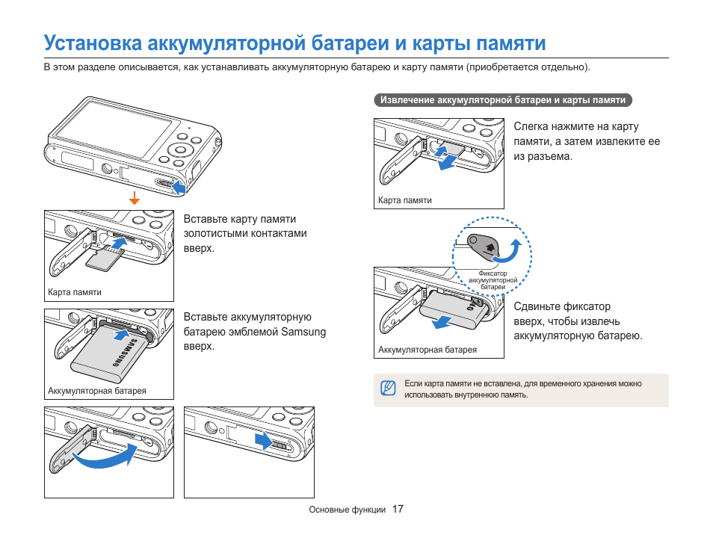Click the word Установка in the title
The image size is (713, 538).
(x=92, y=43)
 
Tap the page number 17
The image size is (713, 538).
(x=398, y=509)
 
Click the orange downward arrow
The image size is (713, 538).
(x=135, y=198)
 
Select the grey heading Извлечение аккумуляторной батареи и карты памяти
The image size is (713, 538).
(x=503, y=99)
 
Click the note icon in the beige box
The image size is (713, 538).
(x=387, y=388)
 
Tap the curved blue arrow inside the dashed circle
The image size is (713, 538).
(x=510, y=251)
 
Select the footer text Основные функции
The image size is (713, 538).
(x=348, y=510)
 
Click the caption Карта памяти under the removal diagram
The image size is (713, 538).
(x=404, y=200)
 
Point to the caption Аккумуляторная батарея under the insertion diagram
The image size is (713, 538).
(x=97, y=391)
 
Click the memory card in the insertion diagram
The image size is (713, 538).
(x=105, y=259)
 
